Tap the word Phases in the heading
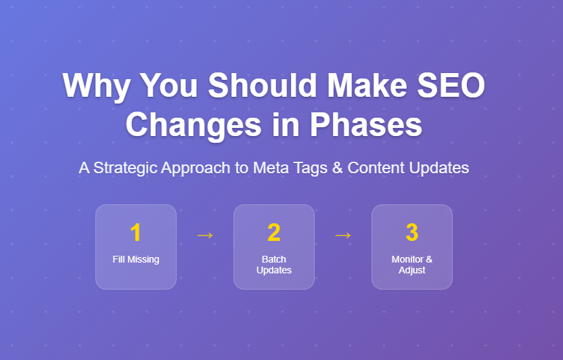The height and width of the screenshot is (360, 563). coord(366,125)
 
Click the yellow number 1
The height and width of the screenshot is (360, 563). coord(136,233)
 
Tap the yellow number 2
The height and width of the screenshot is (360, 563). coord(274,233)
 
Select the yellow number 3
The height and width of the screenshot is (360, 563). coord(412,233)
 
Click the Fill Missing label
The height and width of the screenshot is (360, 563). coord(136,259)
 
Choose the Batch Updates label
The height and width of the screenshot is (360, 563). coord(274,265)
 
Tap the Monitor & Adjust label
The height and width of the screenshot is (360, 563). coord(412,265)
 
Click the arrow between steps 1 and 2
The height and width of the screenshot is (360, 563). coord(205,235)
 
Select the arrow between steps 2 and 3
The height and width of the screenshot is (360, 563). coord(343,235)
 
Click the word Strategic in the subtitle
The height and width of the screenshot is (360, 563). coord(125,168)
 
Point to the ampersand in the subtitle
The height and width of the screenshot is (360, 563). coord(336,168)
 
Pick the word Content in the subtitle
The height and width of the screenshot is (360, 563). coord(376,168)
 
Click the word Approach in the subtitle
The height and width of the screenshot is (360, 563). coord(196,168)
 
